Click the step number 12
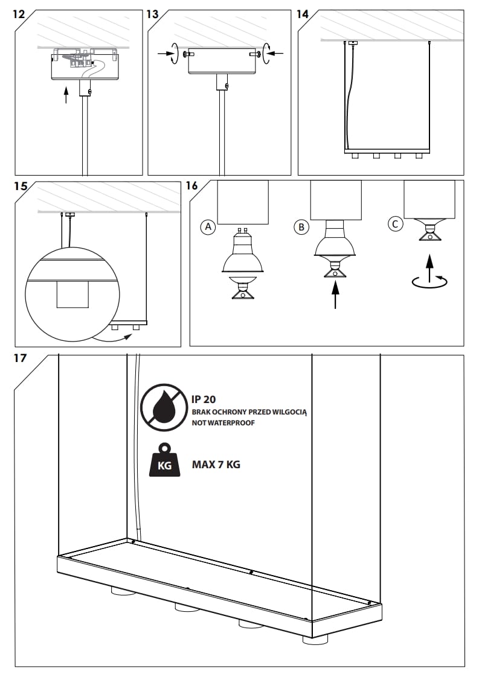[x=19, y=14]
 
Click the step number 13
[x=154, y=14]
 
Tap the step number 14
[x=303, y=14]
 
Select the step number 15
[x=21, y=186]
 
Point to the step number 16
[x=191, y=186]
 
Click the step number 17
[x=20, y=358]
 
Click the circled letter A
[x=208, y=227]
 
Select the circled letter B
[x=300, y=227]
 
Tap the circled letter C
[x=395, y=224]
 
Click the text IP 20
[x=204, y=399]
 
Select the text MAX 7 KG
[x=216, y=465]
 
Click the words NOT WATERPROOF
[x=223, y=423]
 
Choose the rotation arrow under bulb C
[x=429, y=281]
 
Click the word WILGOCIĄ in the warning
[x=288, y=412]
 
